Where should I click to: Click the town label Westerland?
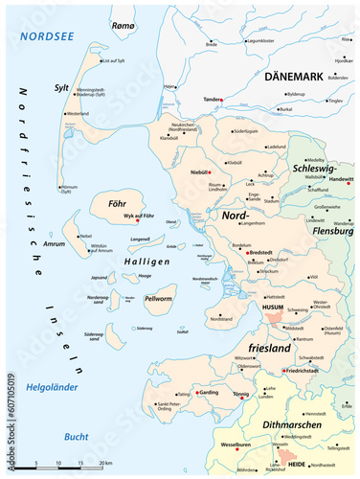pyautogui.click(x=77, y=113)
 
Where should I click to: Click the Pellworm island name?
pyautogui.click(x=157, y=300)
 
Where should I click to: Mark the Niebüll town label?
pyautogui.click(x=200, y=173)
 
